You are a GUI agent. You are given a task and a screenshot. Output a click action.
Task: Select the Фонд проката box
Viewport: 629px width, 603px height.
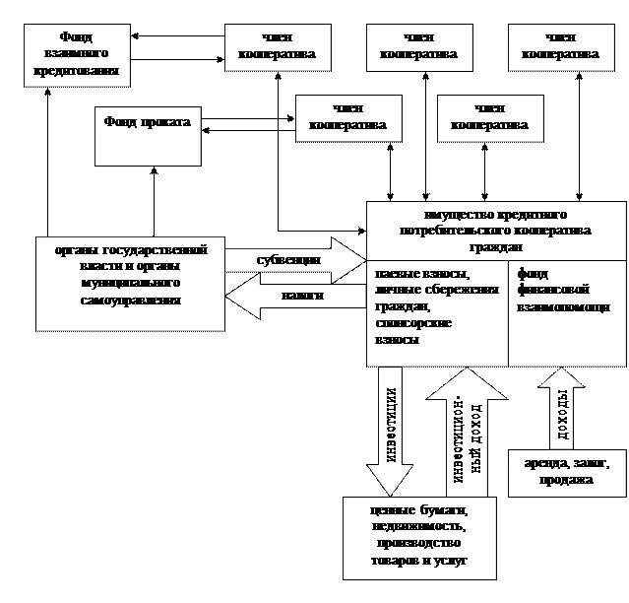click(x=147, y=136)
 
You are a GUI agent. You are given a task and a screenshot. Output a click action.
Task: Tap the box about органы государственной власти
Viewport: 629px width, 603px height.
click(x=130, y=283)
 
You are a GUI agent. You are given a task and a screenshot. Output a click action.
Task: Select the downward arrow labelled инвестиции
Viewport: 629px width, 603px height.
click(x=390, y=431)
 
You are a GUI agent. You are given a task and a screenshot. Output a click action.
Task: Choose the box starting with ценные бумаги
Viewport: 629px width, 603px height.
click(x=419, y=537)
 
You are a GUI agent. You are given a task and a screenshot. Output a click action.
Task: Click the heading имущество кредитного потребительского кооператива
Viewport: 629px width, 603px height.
click(x=496, y=230)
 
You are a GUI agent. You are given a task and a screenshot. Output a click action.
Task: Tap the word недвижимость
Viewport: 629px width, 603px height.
click(x=419, y=526)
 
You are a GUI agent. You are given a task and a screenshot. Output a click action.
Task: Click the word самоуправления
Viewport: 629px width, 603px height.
click(x=131, y=299)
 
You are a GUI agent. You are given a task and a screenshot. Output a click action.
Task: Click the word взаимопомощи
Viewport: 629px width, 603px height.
click(x=563, y=306)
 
